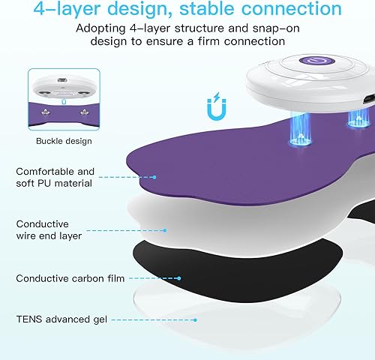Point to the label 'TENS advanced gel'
pos(56,319)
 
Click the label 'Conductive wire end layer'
pos(49,229)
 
